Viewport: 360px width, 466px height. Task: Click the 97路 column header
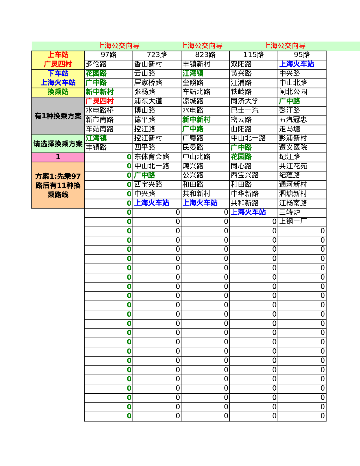click(108, 55)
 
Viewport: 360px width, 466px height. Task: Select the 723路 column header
click(157, 55)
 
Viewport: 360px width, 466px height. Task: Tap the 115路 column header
click(254, 55)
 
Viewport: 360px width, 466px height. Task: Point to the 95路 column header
click(302, 55)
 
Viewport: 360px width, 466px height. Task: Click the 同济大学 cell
click(245, 101)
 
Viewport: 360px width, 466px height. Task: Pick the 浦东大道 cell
click(148, 101)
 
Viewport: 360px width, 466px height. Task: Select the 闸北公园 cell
click(293, 92)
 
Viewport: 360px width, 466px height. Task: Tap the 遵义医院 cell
click(293, 147)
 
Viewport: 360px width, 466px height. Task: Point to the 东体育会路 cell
click(152, 157)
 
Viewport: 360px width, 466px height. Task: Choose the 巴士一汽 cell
click(245, 110)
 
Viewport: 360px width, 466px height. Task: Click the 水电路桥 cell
click(100, 110)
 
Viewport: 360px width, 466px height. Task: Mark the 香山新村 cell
click(148, 64)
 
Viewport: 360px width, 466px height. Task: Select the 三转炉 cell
click(289, 212)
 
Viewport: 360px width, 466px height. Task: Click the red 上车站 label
click(58, 55)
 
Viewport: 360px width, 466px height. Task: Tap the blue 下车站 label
click(58, 73)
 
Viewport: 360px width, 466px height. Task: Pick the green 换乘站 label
click(58, 92)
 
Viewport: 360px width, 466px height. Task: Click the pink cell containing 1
click(58, 157)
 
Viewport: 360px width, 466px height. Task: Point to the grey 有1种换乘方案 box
click(58, 116)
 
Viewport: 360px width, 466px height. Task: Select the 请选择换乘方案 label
click(58, 144)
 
